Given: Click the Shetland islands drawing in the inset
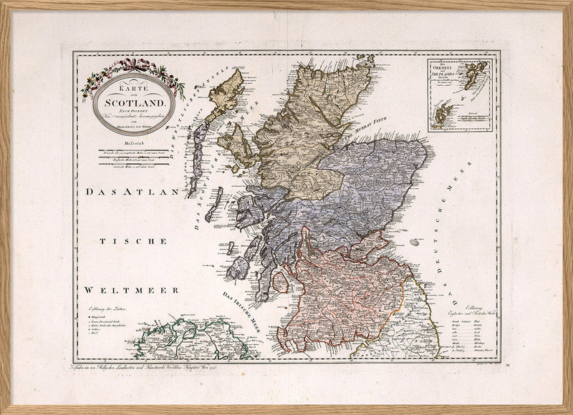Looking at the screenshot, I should pos(473,77).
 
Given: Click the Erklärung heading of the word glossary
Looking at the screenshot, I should pos(475,308).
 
